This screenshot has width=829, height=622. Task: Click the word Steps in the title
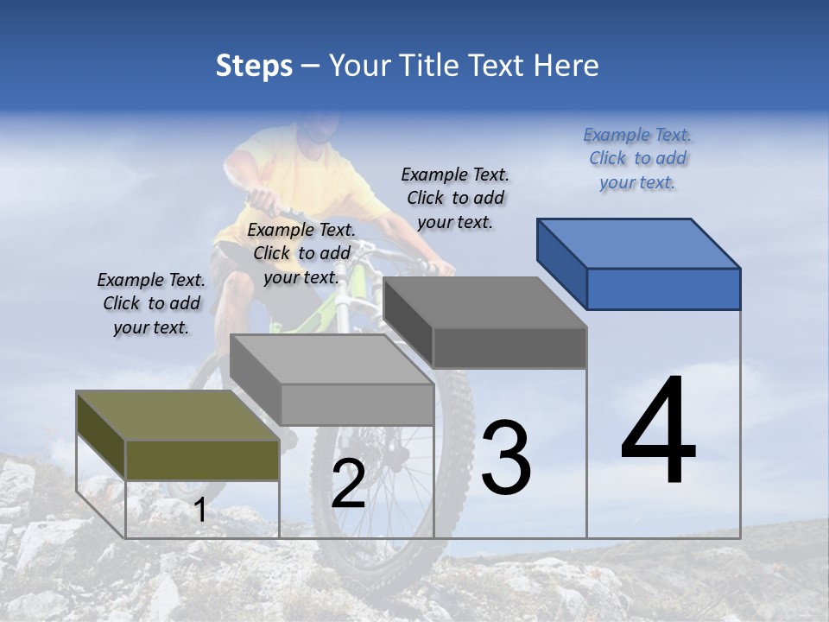[254, 66]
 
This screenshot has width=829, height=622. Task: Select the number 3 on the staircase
[506, 458]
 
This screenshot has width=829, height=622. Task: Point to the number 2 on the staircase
[348, 484]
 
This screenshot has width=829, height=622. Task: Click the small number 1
[199, 511]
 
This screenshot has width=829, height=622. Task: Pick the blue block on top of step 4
[639, 263]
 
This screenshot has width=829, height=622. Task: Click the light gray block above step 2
[332, 380]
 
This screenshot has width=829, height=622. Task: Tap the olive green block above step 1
[179, 436]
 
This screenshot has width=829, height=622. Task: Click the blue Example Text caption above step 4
[637, 158]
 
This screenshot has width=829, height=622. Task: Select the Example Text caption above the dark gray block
[455, 198]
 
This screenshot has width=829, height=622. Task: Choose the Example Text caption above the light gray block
[301, 253]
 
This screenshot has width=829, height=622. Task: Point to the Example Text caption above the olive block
[151, 303]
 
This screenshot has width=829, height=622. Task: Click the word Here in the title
[566, 66]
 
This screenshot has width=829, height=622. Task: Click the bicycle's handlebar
[268, 204]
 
